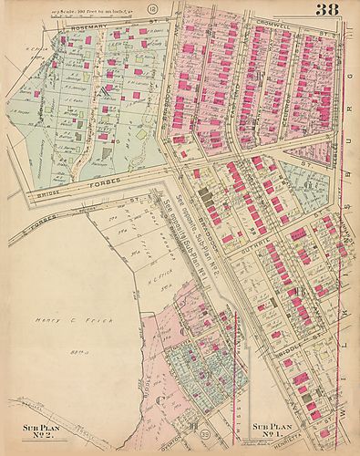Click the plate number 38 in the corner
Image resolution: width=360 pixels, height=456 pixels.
pos(330,11)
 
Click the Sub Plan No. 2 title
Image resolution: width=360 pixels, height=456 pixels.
pos(42,430)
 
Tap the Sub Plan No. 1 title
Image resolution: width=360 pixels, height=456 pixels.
pos(273,430)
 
